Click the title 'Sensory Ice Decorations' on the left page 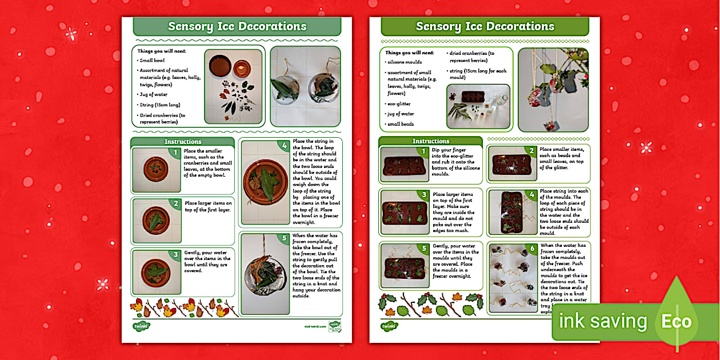[x=237, y=26]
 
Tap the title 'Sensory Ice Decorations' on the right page [x=485, y=26]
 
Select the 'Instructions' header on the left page [x=183, y=142]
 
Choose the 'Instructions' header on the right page [x=431, y=141]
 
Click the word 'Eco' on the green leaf [x=676, y=321]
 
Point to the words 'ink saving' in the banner [x=603, y=321]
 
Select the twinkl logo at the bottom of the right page [x=389, y=326]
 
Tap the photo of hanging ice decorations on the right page [x=553, y=89]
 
